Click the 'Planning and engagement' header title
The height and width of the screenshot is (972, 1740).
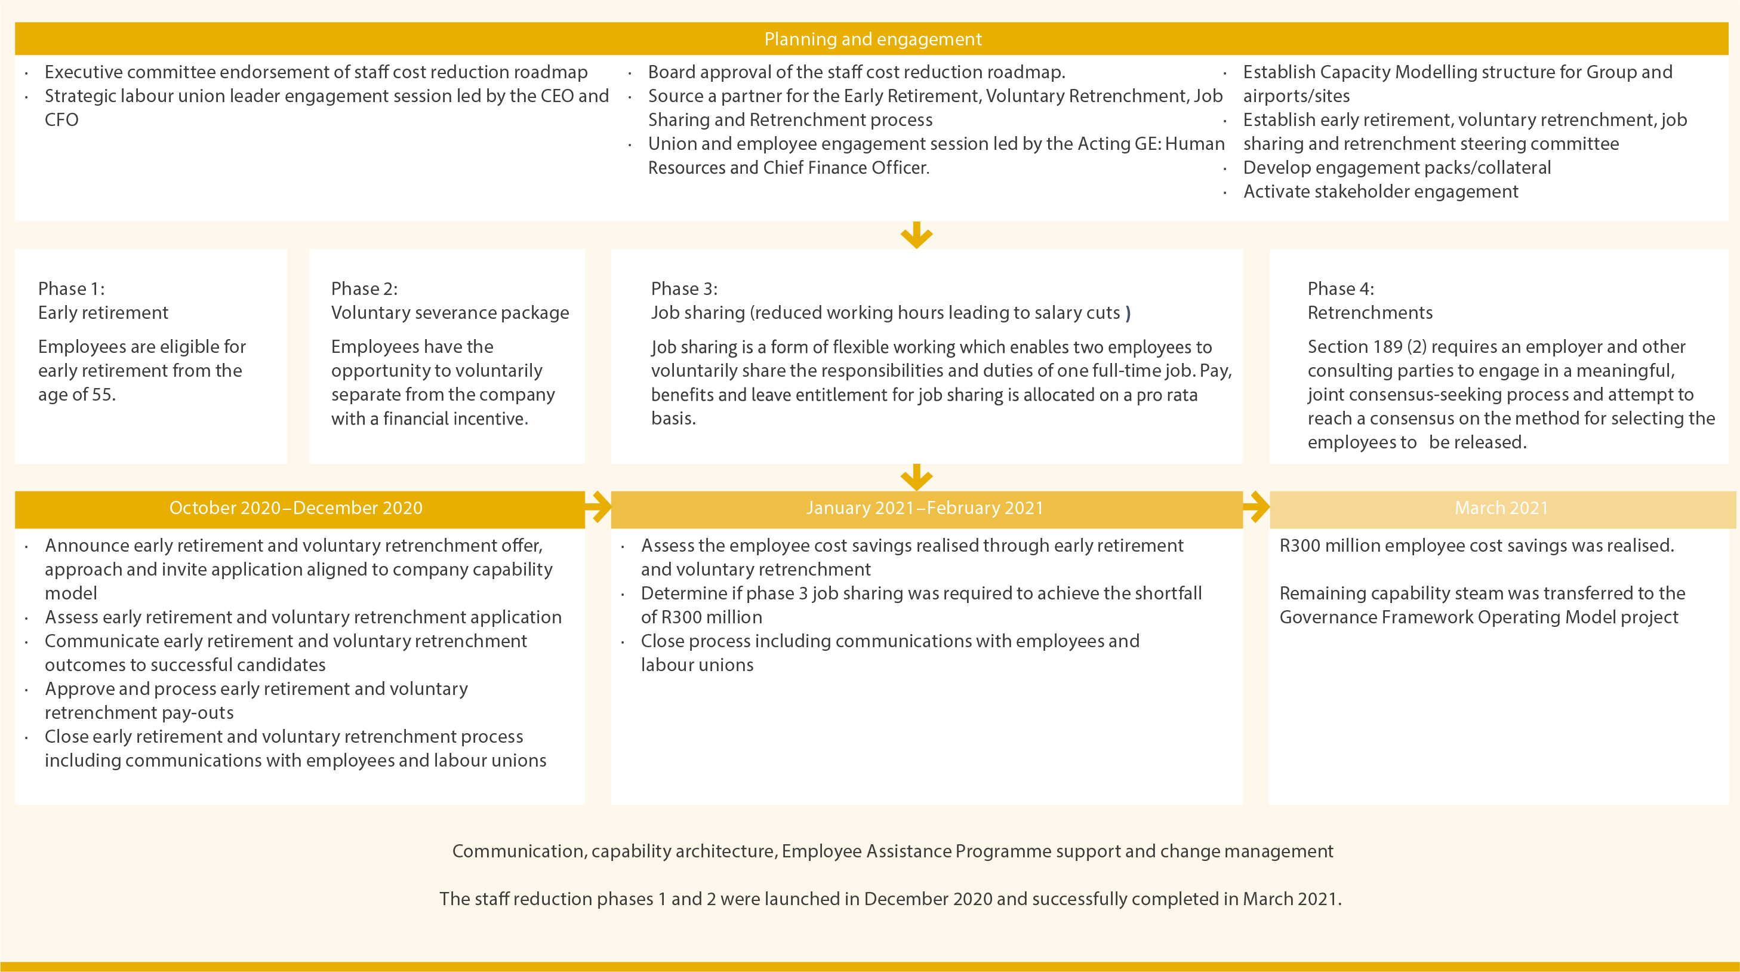click(x=873, y=39)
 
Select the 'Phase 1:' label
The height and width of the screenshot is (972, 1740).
click(x=71, y=288)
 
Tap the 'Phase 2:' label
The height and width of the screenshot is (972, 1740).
click(x=364, y=288)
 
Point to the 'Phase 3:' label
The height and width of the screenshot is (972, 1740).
click(x=684, y=288)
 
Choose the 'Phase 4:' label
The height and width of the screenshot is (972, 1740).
click(x=1341, y=288)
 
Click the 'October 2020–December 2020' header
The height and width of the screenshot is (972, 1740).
click(x=296, y=508)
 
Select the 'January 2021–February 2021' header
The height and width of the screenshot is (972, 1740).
click(x=925, y=508)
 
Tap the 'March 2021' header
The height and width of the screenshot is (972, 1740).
click(x=1501, y=508)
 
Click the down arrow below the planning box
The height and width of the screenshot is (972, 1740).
click(x=917, y=235)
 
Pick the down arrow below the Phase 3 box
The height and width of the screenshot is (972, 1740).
click(x=917, y=477)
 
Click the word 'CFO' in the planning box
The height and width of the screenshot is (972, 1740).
click(x=61, y=120)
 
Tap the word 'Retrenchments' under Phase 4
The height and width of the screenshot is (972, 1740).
click(x=1370, y=313)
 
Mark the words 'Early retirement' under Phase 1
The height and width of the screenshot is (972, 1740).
click(x=103, y=313)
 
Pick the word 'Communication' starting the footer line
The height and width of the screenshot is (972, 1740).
click(x=518, y=851)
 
